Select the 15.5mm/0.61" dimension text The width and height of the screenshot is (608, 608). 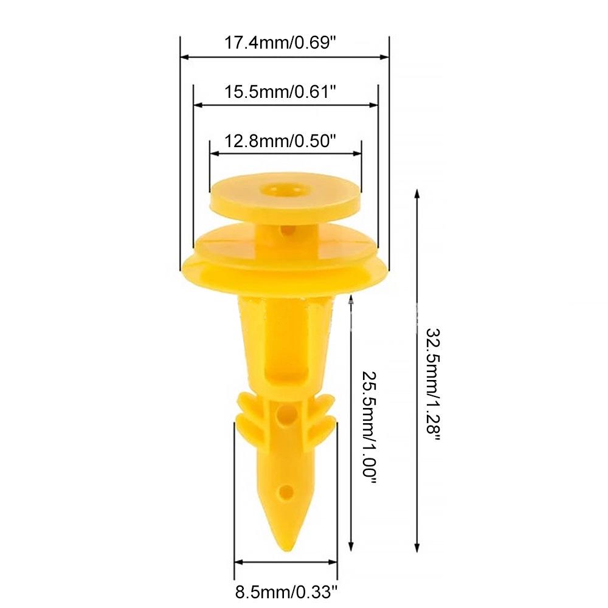click(x=280, y=92)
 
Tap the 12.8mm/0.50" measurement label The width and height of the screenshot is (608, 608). click(x=280, y=142)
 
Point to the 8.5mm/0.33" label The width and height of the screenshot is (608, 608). click(x=286, y=590)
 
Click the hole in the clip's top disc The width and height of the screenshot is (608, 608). click(x=283, y=189)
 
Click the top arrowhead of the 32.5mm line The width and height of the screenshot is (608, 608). click(x=417, y=193)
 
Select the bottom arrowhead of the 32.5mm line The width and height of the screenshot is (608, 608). click(x=417, y=547)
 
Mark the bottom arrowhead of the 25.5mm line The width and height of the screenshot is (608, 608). click(x=350, y=547)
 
